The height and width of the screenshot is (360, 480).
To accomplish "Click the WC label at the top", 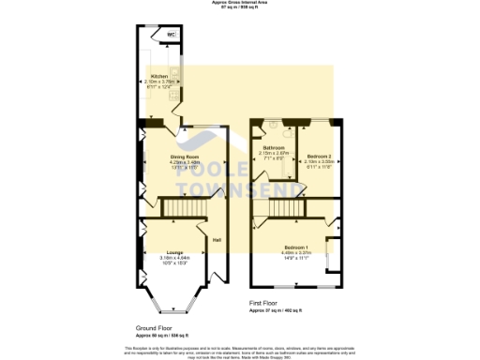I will (x=171, y=35).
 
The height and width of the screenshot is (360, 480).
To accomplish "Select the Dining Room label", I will (x=184, y=157).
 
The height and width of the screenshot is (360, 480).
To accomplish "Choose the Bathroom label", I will (x=274, y=148).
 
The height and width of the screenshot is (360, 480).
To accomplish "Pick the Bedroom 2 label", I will (x=320, y=156).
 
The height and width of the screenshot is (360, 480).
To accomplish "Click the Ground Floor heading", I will (x=155, y=327).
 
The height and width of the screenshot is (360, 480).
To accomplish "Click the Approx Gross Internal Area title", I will (x=239, y=3).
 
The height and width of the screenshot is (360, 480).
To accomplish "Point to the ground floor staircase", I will (x=177, y=206).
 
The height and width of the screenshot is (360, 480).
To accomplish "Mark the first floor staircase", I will (x=282, y=221).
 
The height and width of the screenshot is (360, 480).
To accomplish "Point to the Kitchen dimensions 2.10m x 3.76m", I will (x=159, y=82).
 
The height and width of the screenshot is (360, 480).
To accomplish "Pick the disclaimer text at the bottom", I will (x=239, y=350).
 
